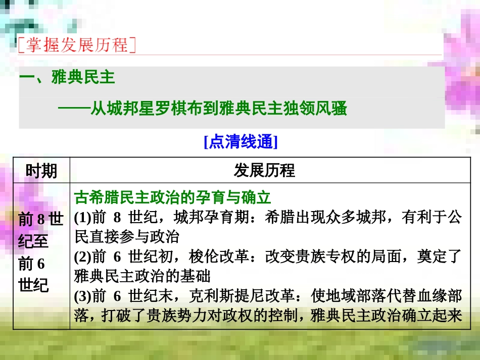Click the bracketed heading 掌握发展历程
[x=77, y=45]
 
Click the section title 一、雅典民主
[x=67, y=77]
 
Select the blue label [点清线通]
[x=241, y=142]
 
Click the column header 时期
[x=41, y=170]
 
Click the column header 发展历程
[x=264, y=170]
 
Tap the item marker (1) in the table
[x=82, y=218]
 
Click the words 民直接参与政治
[x=126, y=237]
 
